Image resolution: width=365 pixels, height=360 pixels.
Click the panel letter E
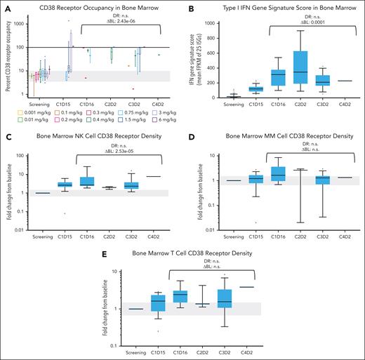point(97,248)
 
